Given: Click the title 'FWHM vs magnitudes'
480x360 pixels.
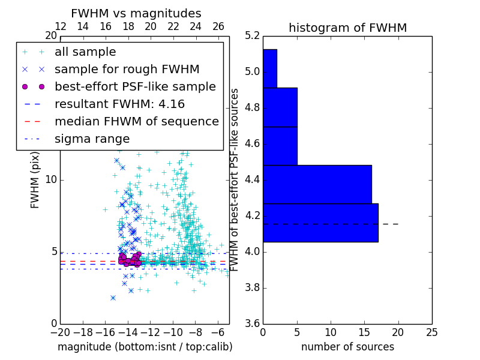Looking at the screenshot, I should (136, 13).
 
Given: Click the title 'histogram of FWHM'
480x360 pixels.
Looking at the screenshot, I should (347, 28).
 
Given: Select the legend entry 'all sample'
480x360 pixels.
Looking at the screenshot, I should (85, 52).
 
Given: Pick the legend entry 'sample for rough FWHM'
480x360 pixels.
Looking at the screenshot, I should (127, 70).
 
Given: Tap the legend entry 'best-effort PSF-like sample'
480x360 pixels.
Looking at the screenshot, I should (135, 87).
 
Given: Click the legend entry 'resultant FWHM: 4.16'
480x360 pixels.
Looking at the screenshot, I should (119, 104).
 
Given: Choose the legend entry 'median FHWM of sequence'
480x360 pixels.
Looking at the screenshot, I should (136, 122).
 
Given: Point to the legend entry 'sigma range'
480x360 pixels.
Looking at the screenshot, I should (92, 139).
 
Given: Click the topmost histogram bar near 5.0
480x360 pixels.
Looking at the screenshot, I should (269, 68).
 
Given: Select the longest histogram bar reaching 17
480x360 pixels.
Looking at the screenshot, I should (320, 223).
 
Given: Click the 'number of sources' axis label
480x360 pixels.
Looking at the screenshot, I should (347, 347).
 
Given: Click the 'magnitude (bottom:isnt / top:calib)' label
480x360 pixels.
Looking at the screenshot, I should (145, 347).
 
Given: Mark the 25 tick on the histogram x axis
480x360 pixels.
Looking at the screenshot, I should (431, 332).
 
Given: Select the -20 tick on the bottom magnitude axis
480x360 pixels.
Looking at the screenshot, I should (60, 332).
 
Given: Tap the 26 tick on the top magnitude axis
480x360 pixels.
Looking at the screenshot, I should (218, 26).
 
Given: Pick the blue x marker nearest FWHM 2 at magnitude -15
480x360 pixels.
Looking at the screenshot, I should (113, 298).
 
